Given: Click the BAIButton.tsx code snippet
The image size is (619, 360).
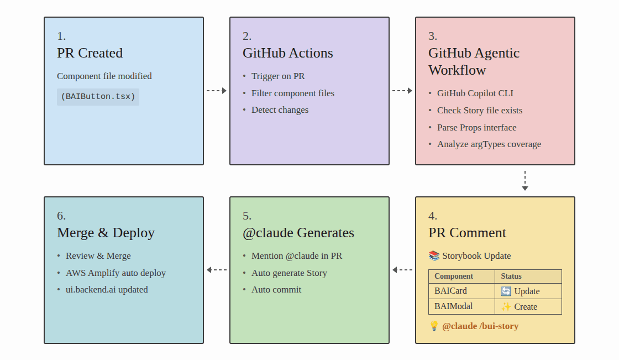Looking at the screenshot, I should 98,97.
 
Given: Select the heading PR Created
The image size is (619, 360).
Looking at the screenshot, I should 90,53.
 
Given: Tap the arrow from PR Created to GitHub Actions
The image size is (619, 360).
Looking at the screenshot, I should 217,91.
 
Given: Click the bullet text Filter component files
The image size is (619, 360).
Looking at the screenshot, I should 292,93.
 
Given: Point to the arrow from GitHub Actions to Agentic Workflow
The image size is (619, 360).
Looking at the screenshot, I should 402,91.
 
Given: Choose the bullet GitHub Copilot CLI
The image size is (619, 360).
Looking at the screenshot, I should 475,93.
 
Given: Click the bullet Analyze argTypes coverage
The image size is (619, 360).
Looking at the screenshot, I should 489,144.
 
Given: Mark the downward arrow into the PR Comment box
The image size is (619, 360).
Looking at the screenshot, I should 525,181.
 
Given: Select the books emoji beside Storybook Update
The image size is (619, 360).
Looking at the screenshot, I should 434,256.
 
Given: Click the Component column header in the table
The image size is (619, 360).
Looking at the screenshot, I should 454,276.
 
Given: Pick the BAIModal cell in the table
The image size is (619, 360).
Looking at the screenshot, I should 454,306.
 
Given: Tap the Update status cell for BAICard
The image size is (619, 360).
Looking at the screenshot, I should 521,291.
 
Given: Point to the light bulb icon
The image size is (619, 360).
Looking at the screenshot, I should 434,326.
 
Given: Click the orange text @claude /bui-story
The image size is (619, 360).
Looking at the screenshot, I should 480,326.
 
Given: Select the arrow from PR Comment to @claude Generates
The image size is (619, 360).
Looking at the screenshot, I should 402,270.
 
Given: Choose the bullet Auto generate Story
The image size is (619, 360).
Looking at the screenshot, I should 289,273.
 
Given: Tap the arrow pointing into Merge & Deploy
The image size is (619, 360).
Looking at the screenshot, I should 217,270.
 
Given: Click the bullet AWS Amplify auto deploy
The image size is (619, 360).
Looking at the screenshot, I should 116,273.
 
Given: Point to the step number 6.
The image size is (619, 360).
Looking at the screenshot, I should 61,216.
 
